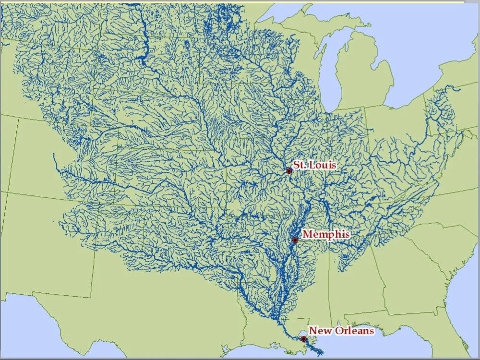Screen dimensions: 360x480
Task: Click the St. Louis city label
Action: [315, 165]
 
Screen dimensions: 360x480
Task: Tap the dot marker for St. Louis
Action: [289, 171]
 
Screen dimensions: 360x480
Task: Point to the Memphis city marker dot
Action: [295, 240]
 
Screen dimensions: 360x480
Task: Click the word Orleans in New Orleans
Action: [356, 331]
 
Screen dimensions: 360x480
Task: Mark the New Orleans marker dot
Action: [303, 339]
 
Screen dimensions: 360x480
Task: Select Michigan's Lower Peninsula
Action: [365, 77]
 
